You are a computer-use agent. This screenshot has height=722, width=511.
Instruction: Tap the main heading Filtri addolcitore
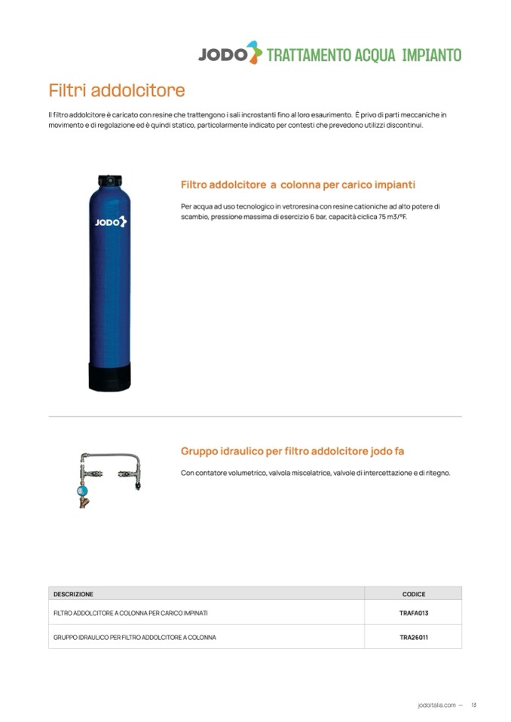coord(116,91)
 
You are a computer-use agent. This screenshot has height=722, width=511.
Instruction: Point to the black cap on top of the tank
coord(110,181)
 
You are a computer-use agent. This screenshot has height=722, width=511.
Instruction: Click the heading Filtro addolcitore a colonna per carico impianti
coord(298,184)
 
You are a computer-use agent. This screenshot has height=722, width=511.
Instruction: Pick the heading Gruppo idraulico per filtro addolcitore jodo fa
coord(292,451)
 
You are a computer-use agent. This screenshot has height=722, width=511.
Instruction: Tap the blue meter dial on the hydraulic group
coord(83,489)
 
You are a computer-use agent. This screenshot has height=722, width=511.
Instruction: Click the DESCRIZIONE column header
coord(73,594)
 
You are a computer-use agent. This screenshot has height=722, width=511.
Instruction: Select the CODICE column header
coord(414,594)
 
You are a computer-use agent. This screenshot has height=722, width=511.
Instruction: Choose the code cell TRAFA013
coord(414,613)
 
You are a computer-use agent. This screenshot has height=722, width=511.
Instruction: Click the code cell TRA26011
coord(414,637)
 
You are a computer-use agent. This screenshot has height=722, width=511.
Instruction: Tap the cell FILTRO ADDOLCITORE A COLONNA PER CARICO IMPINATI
coord(130,613)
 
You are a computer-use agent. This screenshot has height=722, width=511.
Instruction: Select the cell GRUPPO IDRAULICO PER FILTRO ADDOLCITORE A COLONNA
coord(135,637)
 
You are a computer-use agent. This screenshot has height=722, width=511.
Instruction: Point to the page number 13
coord(473,705)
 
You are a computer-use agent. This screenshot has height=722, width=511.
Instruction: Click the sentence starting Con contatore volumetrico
coord(315,473)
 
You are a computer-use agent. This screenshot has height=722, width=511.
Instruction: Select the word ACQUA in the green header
coord(375,55)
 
